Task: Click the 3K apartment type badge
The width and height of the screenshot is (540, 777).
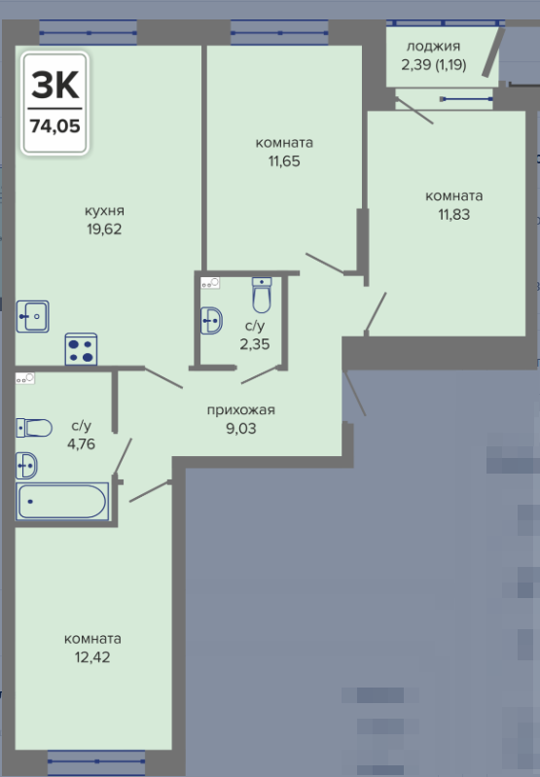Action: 55,103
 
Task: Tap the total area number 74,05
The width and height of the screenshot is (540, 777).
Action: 55,126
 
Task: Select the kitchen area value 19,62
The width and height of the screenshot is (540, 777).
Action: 104,230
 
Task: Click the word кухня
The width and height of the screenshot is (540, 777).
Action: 104,211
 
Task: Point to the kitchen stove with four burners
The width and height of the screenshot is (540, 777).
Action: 81,349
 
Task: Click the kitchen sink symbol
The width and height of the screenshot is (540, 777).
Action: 33,316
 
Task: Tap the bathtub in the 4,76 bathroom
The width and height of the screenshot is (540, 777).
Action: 62,502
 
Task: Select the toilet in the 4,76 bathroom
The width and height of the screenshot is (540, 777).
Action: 34,428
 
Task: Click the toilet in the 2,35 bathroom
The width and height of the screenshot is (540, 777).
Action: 262,295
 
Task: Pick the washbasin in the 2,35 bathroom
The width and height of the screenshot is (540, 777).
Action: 212,321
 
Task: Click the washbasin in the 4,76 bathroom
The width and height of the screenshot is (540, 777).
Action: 26,466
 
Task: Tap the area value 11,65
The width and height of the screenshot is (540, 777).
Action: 284,161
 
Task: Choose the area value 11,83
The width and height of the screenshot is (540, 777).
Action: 453,215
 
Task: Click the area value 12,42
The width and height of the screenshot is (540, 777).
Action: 92,657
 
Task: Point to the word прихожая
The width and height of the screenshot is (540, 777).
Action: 240,410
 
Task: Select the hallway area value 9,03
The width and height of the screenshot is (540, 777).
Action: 241,428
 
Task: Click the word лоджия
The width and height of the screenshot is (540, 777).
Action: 433,47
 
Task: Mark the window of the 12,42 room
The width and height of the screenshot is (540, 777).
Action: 96,763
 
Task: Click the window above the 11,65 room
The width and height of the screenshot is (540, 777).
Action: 279,33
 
